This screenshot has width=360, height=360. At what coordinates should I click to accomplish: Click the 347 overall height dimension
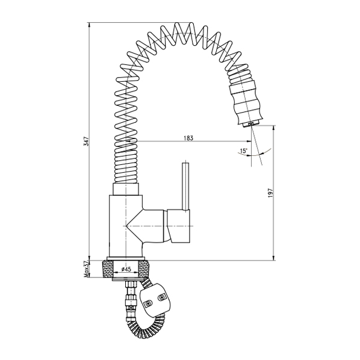point(86,141)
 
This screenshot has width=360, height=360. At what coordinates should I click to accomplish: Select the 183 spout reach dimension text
point(188,138)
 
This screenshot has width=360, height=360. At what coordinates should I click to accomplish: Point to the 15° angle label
point(243,151)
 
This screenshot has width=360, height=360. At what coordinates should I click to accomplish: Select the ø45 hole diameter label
point(126,269)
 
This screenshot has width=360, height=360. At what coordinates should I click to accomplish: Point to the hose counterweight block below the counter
point(158,297)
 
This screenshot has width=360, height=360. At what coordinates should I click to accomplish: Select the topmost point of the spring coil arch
point(181,27)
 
